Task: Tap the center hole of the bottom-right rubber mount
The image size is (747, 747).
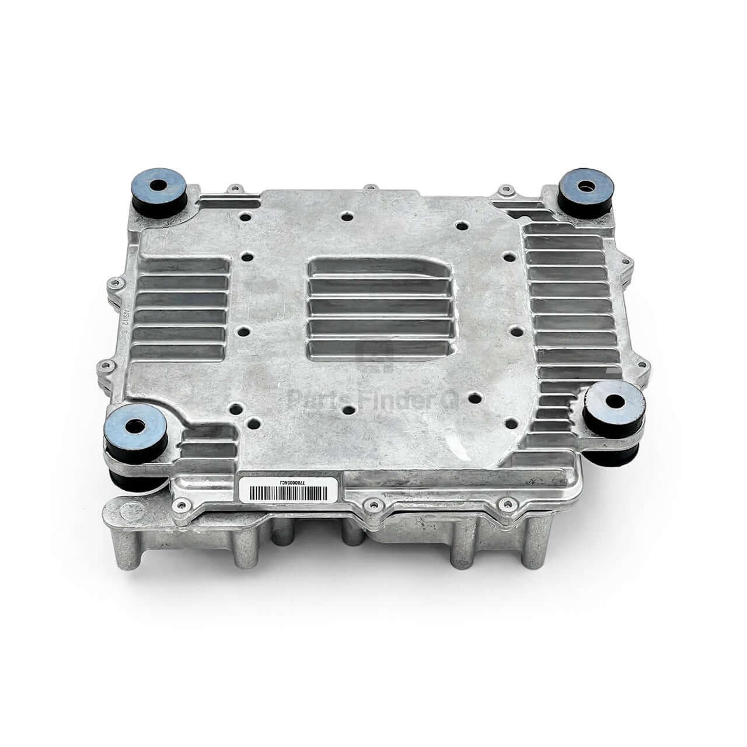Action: point(615,401)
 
